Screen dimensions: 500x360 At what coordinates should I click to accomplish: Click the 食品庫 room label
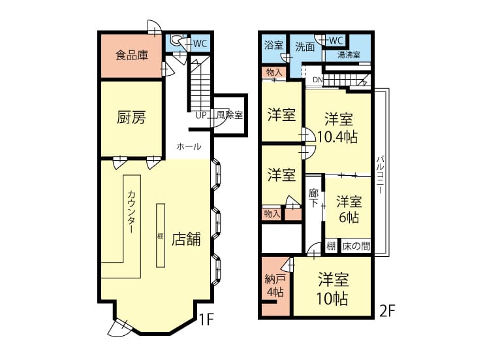point(132,56)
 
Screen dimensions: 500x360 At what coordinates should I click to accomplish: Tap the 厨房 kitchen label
point(131,117)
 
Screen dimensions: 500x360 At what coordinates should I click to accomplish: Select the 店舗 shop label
point(186,238)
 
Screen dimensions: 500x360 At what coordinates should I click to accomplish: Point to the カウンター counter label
point(131,212)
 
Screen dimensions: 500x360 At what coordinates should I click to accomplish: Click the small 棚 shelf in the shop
point(161,236)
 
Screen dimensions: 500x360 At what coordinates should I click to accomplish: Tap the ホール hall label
point(189,147)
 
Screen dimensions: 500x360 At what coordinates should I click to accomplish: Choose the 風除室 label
point(230,115)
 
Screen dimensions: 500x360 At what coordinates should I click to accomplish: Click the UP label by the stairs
point(202,115)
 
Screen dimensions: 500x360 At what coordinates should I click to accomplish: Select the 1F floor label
point(206,319)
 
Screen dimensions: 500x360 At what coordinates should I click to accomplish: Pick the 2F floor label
point(388,310)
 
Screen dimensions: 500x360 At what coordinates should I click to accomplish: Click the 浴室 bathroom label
point(273,45)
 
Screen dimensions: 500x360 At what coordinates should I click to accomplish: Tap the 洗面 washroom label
point(305,47)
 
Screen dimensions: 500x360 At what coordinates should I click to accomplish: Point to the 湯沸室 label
point(349,55)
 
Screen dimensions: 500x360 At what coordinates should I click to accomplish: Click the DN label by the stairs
point(318,80)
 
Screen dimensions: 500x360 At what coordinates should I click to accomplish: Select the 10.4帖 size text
point(337,137)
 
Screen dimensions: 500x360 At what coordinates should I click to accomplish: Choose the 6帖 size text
point(349,218)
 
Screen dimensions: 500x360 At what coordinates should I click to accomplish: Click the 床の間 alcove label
point(356,246)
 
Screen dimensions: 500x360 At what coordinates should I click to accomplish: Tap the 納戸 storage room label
point(275,279)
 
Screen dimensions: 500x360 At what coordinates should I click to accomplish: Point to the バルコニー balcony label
point(380,174)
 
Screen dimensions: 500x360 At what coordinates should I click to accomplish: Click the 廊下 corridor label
point(314,198)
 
